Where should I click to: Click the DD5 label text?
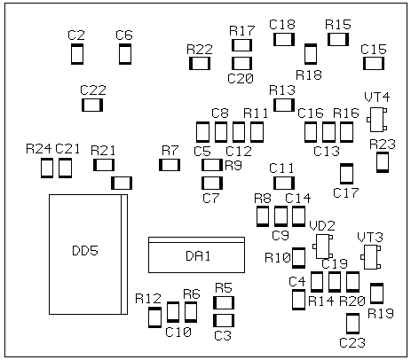tap(85, 251)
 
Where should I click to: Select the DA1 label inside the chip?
tap(198, 256)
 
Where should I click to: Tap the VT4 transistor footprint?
tap(377, 120)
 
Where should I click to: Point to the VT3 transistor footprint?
tap(370, 257)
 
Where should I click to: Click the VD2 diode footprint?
tap(322, 247)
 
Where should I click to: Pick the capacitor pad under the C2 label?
tap(77, 54)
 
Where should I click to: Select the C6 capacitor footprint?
tap(125, 54)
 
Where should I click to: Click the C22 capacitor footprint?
tap(92, 106)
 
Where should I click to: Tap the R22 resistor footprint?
tap(200, 63)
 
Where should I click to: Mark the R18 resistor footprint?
tap(311, 54)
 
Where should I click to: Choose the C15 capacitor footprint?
tap(374, 63)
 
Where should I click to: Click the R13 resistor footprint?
tap(284, 105)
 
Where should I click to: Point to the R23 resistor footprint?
tap(383, 162)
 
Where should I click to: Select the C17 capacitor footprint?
tap(346, 174)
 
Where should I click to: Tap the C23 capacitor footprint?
tap(353, 324)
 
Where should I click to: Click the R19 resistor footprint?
tap(377, 293)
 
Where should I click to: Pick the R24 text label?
tap(39, 149)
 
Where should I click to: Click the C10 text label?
tap(178, 333)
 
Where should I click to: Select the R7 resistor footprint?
tap(170, 165)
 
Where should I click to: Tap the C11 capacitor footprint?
tap(284, 183)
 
